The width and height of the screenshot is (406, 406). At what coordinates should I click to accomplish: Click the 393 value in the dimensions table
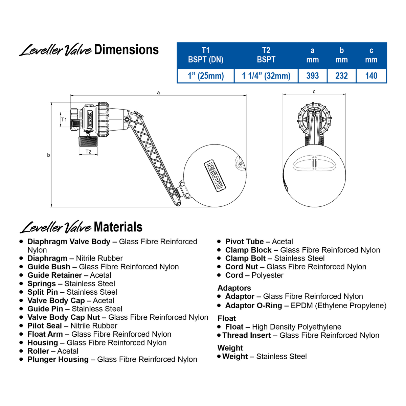tap(312, 76)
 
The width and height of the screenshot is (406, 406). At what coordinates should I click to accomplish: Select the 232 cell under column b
tap(341, 76)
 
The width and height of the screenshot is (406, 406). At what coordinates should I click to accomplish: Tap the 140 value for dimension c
tap(371, 76)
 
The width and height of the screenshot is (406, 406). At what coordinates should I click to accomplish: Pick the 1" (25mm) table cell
tap(206, 76)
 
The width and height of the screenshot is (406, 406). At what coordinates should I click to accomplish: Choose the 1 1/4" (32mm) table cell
tap(266, 76)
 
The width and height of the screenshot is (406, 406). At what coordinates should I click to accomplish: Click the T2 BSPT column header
tap(266, 55)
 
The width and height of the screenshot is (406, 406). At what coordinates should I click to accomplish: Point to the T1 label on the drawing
tap(64, 119)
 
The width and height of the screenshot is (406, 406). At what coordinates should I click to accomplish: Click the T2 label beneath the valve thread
tap(88, 152)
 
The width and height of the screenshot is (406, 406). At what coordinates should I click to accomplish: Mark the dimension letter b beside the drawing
tap(48, 155)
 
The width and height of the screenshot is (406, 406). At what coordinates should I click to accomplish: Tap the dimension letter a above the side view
tap(158, 93)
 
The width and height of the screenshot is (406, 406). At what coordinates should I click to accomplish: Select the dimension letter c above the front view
tap(314, 92)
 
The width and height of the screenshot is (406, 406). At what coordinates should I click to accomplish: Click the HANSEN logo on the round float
tap(215, 175)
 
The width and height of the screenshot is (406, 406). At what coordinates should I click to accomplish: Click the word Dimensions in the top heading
tap(126, 50)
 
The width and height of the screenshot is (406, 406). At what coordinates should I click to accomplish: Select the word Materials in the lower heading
tap(118, 227)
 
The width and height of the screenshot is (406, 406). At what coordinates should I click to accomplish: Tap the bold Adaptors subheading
tap(234, 288)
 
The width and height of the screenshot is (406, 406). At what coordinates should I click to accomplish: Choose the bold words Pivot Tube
tap(244, 242)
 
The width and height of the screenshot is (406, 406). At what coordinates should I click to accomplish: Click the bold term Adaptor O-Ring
tap(253, 306)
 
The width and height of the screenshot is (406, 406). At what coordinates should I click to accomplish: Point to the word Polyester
tap(267, 275)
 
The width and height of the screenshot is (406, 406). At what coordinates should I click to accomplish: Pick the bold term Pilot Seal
tap(45, 326)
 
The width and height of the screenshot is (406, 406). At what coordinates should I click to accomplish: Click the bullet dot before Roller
tap(22, 351)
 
